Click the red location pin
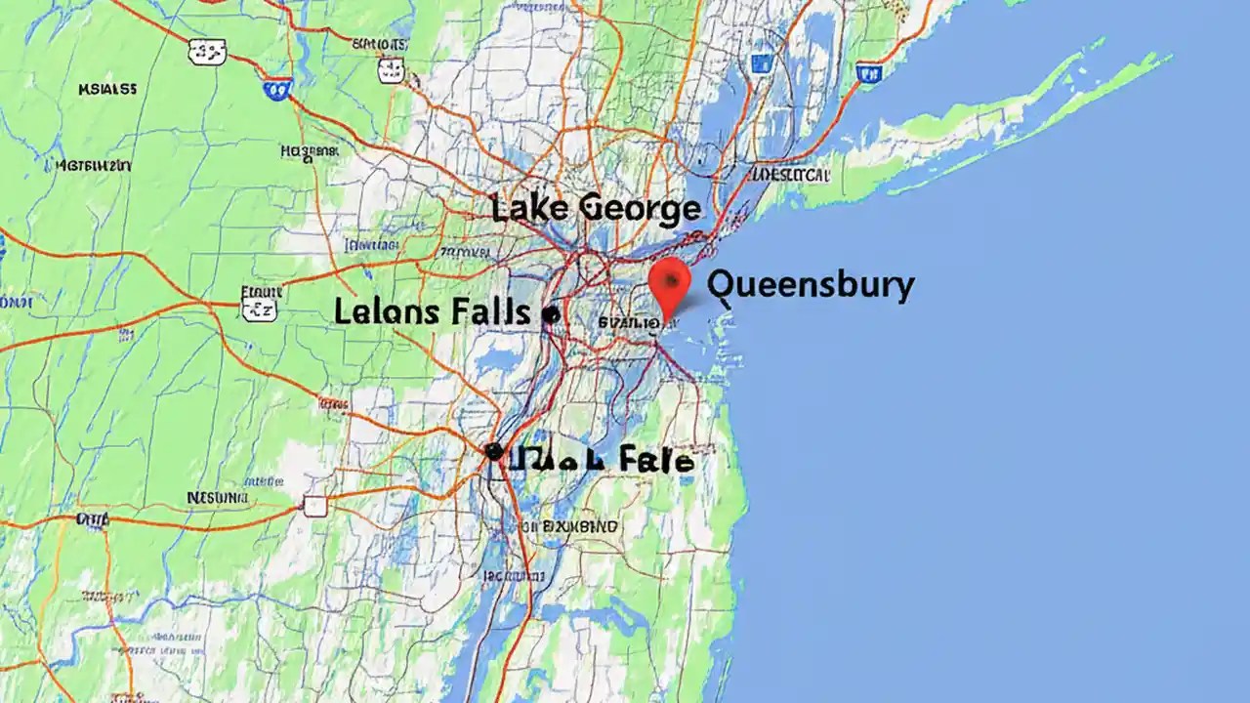(x=670, y=280)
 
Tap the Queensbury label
(x=811, y=285)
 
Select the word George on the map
(x=640, y=208)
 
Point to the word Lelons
(x=388, y=312)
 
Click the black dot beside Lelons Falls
(x=550, y=314)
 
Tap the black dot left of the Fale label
(x=493, y=451)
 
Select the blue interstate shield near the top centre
(x=278, y=90)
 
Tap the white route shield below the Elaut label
(x=259, y=310)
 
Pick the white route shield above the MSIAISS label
(x=206, y=52)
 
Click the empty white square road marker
(x=314, y=505)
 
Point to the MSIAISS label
(x=106, y=90)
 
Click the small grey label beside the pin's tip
(x=627, y=321)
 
